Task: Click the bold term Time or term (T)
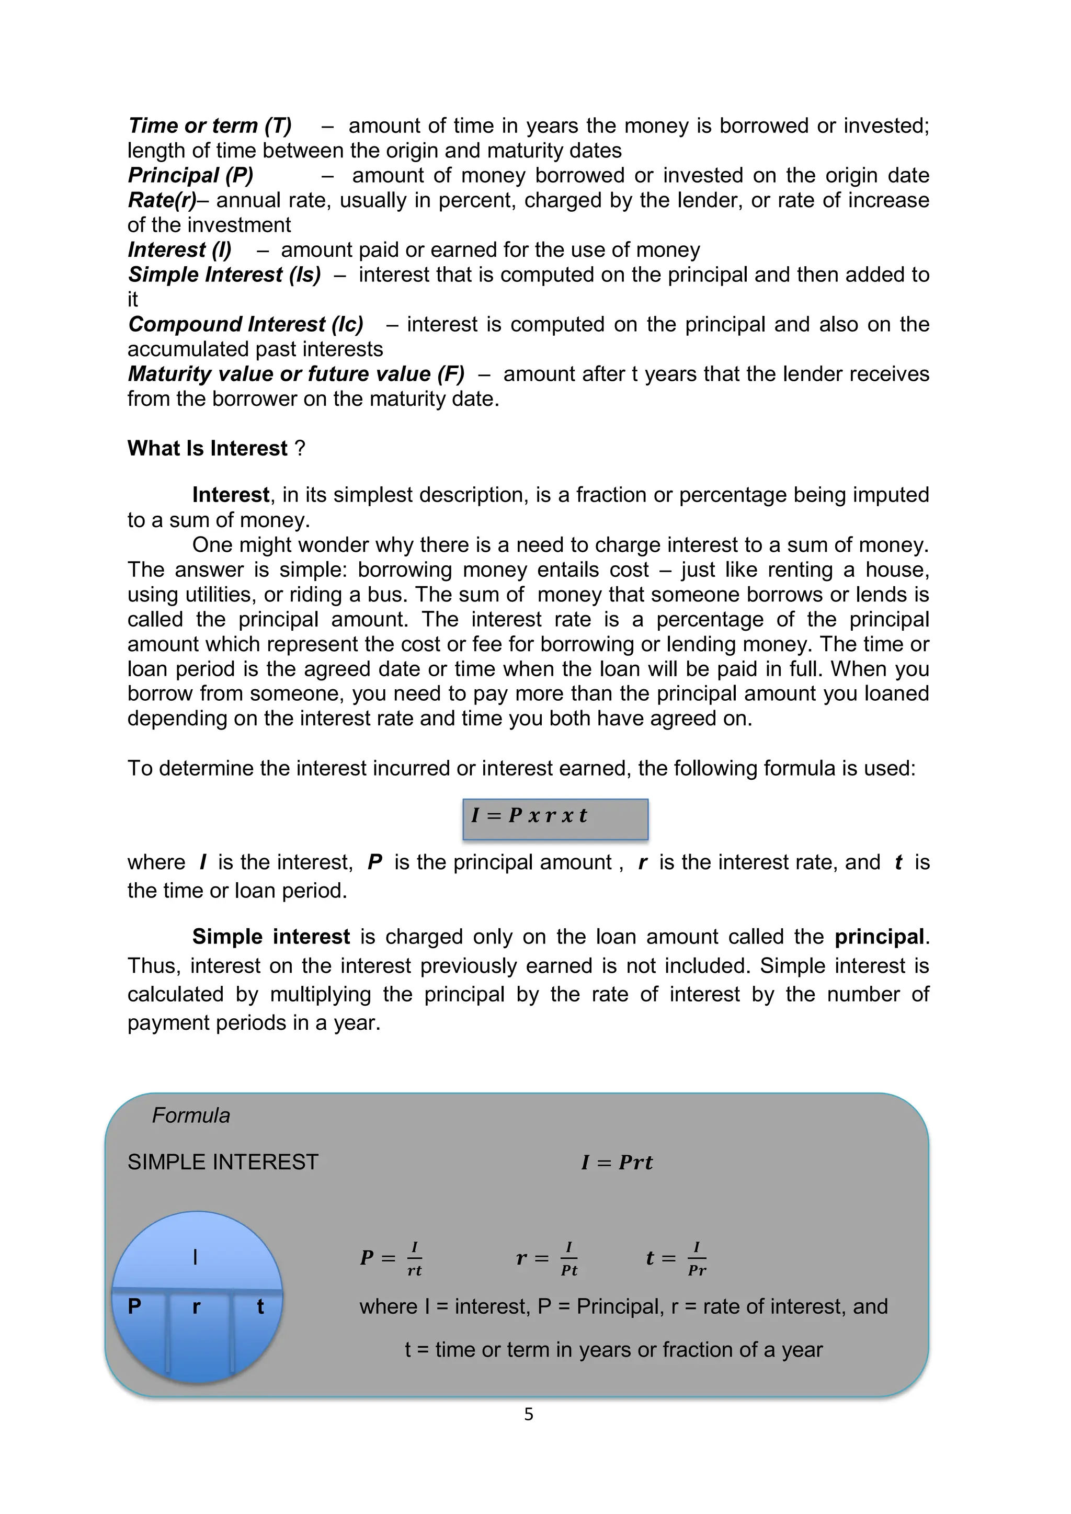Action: [210, 126]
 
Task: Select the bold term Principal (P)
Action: [190, 175]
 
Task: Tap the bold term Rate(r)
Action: [162, 200]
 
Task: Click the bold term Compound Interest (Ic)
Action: [245, 324]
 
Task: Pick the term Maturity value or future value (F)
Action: [296, 374]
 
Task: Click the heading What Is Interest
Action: [208, 448]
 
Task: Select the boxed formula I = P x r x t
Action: [555, 818]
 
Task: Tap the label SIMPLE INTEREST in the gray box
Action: [223, 1162]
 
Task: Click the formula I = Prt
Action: [617, 1163]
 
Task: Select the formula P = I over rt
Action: [391, 1258]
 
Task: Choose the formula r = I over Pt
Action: [546, 1258]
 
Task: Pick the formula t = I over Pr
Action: [676, 1258]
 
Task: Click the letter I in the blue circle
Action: [195, 1258]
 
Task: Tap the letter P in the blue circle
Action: [134, 1306]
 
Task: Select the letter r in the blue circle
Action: [196, 1307]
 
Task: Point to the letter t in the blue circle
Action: [260, 1307]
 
